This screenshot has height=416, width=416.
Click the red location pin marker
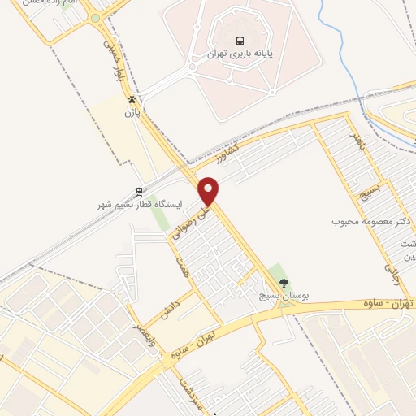point(209,190)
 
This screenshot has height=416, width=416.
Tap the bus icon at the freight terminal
point(239,41)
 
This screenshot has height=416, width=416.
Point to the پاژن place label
point(132,113)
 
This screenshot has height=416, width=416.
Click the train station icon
point(140,192)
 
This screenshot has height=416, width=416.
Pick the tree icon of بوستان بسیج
point(284,282)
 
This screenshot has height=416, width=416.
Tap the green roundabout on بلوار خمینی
point(95,18)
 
